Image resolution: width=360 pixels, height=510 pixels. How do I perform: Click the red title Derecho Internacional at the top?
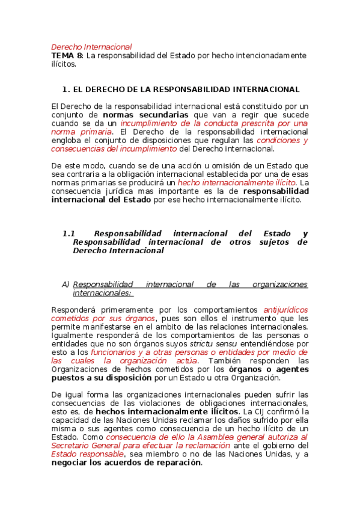point(91,46)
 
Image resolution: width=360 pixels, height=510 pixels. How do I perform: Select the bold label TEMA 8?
point(66,55)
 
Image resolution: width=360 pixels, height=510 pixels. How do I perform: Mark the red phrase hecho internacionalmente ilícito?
point(237,182)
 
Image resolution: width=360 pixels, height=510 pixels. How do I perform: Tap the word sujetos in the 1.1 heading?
point(259,242)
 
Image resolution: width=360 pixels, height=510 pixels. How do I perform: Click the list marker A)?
point(66,284)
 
